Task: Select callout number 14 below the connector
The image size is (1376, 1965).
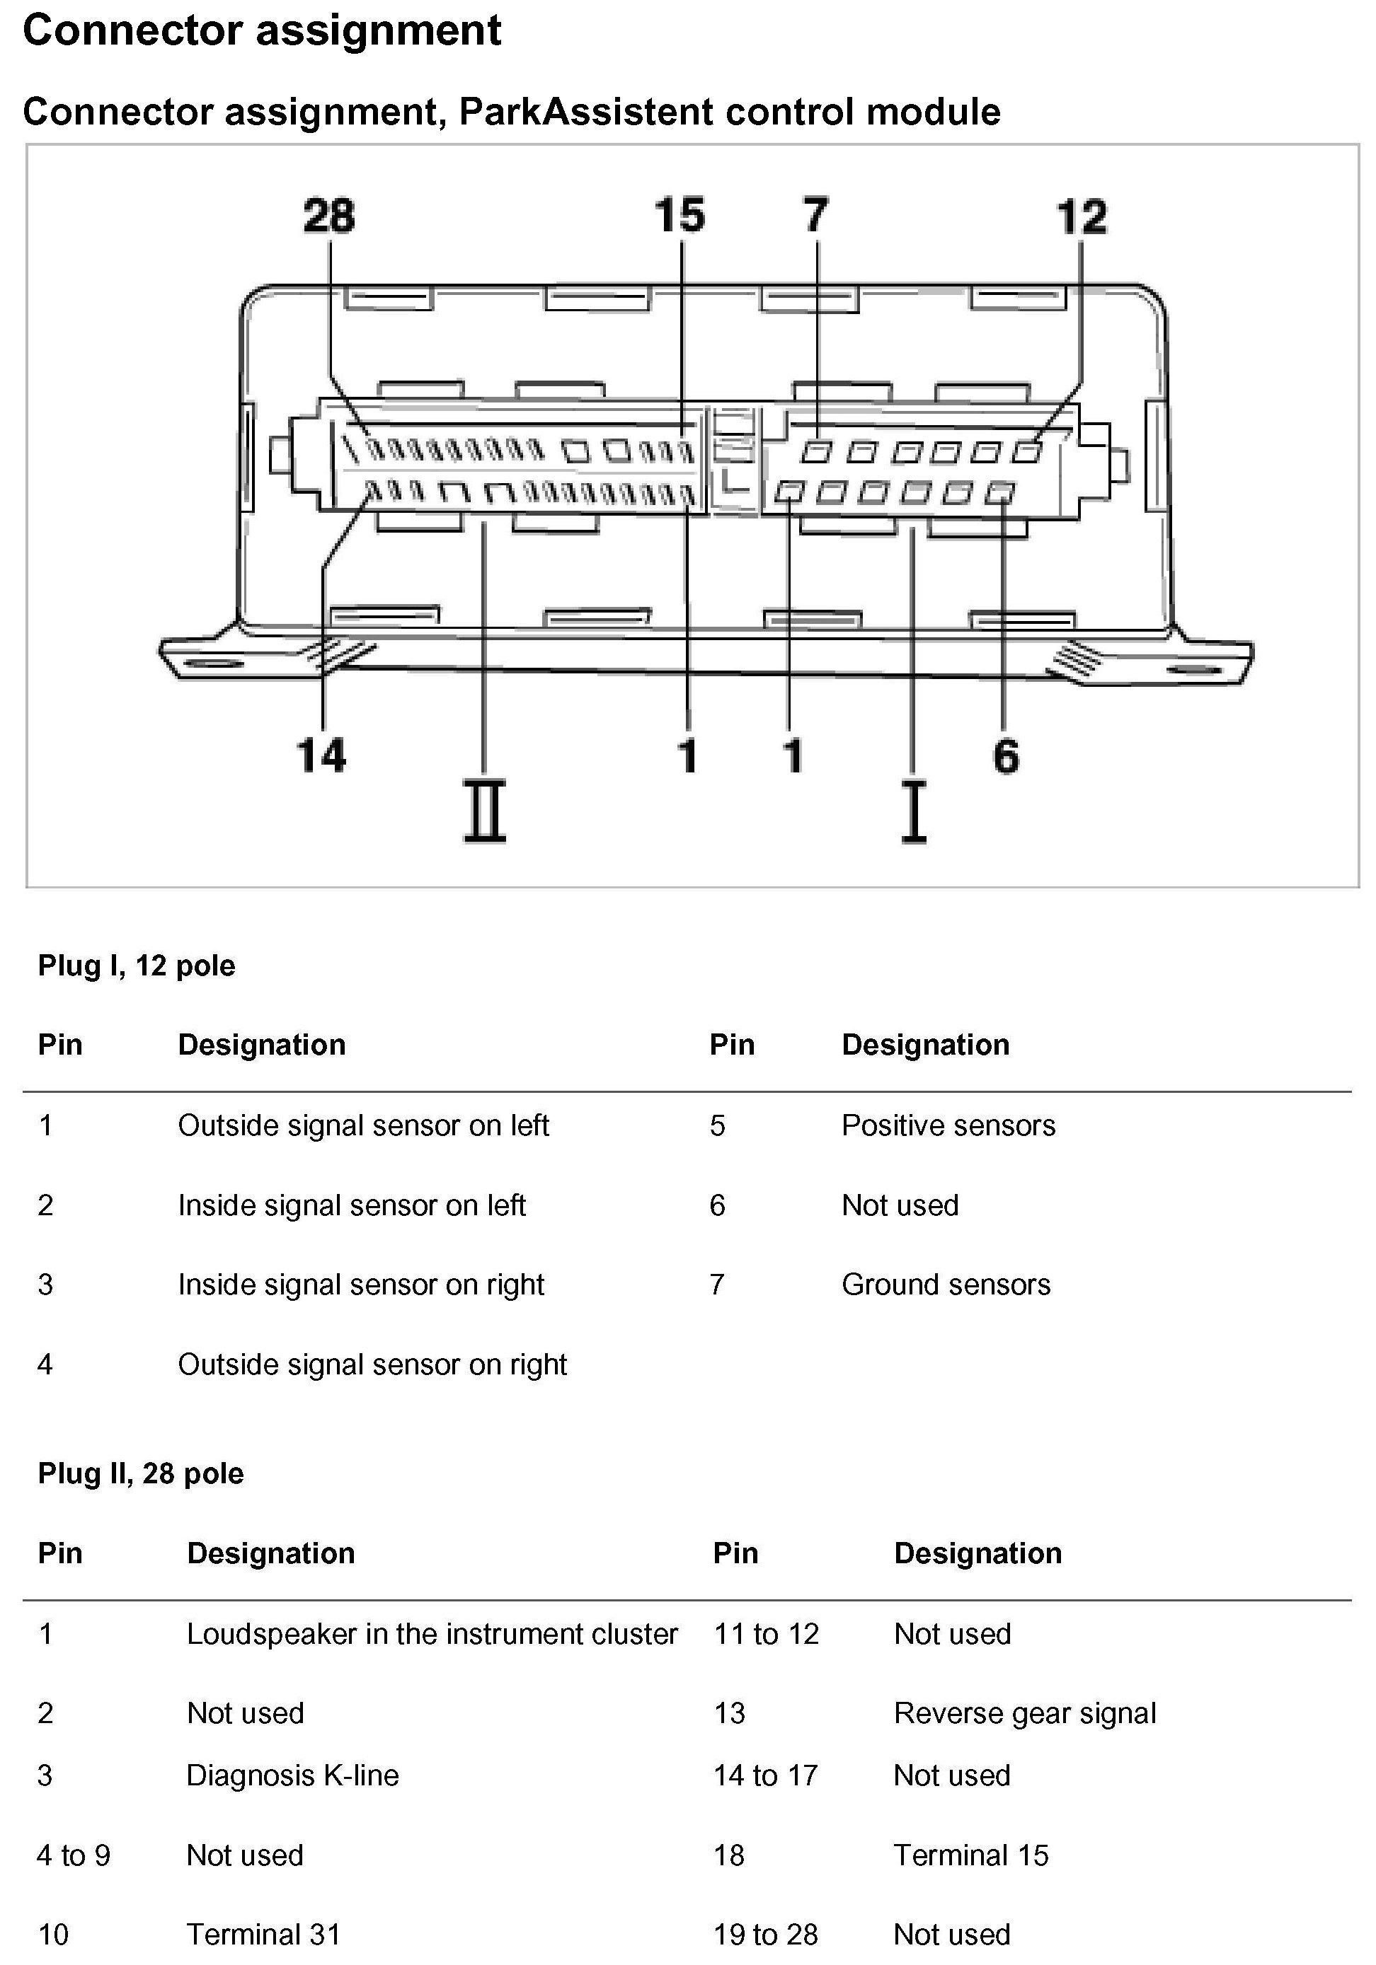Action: coord(321,755)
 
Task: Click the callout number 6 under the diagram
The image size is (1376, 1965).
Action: coord(1006,755)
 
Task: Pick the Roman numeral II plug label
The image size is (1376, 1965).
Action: coord(485,811)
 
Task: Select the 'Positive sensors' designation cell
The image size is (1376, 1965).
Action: coord(948,1125)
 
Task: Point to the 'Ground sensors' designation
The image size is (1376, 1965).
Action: coord(946,1285)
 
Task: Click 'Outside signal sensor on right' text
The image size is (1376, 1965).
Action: coord(372,1364)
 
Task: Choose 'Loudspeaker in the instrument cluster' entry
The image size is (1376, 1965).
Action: coord(432,1634)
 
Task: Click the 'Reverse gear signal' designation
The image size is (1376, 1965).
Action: coord(1024,1712)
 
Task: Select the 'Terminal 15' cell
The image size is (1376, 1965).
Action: coord(970,1855)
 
